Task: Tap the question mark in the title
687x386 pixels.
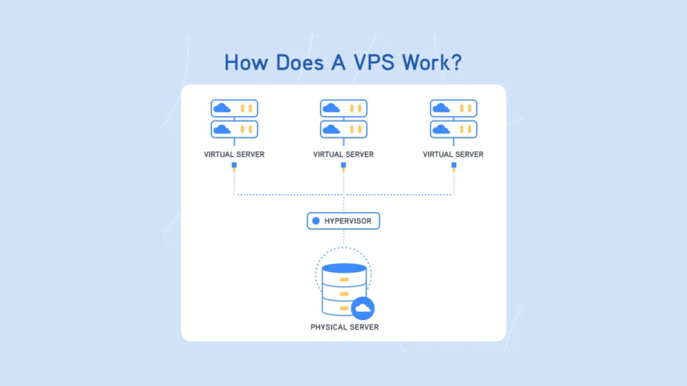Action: tap(456, 62)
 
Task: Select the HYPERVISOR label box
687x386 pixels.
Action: tap(343, 220)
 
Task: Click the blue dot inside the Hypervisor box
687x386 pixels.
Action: tap(316, 220)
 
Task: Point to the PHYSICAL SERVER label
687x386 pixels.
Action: tap(344, 327)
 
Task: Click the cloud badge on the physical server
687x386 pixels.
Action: tap(362, 308)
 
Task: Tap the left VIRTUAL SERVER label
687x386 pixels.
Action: tap(234, 154)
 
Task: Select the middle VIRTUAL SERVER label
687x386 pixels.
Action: tap(343, 154)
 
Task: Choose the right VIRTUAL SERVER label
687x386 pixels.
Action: tap(453, 154)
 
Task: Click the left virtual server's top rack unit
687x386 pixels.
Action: tap(234, 108)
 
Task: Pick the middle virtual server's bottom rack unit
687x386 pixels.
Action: tap(343, 129)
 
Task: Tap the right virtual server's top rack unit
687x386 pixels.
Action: tap(453, 108)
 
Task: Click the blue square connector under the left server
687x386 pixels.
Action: tap(234, 164)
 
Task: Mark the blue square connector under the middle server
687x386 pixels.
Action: tap(343, 164)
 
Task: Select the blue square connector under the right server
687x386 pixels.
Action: tap(453, 164)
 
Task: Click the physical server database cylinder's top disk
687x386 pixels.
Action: tap(344, 269)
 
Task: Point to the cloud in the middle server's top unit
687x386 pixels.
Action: tap(331, 108)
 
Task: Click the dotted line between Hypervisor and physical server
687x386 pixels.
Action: tap(343, 239)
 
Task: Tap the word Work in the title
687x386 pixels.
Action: tap(425, 62)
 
